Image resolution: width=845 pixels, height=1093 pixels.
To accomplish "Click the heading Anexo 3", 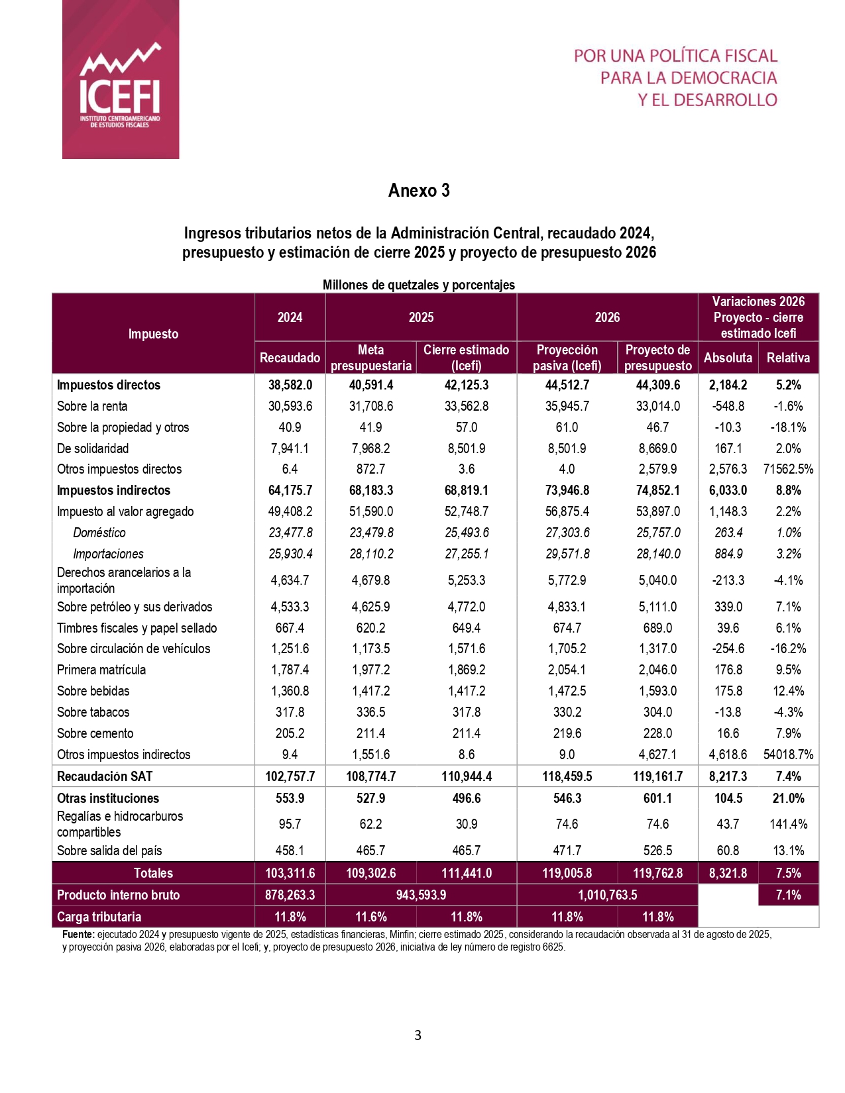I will click(x=419, y=191).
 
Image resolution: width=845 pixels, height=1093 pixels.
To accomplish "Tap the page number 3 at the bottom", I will click(x=418, y=1035).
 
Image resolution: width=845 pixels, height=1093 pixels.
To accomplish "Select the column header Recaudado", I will click(x=290, y=358).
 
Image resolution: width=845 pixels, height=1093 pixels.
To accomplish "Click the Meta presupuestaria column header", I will click(x=370, y=358).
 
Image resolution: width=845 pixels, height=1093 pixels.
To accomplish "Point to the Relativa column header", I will click(x=788, y=358).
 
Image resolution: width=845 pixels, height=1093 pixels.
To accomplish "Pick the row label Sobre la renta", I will click(x=92, y=406).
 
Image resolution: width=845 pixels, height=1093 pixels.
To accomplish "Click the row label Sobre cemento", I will click(x=95, y=733).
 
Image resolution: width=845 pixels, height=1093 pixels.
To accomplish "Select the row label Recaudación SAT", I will click(x=105, y=776).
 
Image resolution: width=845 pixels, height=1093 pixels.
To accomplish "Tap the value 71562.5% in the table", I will click(x=788, y=469).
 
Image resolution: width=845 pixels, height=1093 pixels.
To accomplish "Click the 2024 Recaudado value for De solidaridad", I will click(x=290, y=448).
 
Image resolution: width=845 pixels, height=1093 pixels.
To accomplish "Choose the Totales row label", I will click(x=153, y=873).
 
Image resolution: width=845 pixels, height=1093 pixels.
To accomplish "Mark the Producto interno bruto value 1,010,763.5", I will click(x=607, y=895).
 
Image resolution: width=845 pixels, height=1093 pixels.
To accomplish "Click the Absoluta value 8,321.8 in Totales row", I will click(x=728, y=873).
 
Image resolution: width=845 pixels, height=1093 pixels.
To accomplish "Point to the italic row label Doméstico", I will click(x=99, y=533).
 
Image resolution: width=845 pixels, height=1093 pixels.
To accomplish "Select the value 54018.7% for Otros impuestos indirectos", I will click(x=788, y=755).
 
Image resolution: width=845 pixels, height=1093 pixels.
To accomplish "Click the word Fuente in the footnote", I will click(x=78, y=935).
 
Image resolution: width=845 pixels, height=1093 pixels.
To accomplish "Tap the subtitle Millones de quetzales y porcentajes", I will click(x=418, y=285).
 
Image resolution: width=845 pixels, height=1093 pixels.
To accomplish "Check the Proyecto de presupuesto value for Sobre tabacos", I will click(x=657, y=712).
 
